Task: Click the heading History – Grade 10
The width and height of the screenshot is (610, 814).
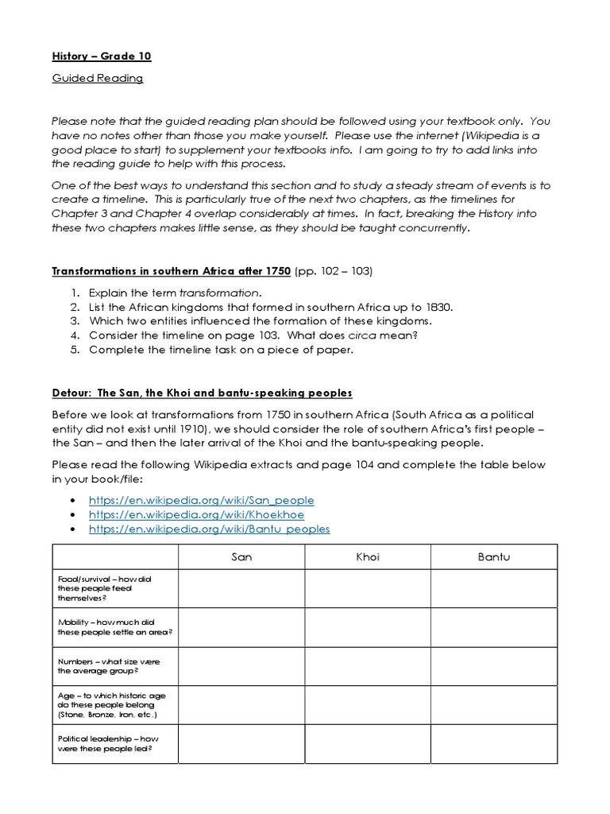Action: [x=101, y=56]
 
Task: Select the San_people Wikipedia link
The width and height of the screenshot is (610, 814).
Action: [x=201, y=500]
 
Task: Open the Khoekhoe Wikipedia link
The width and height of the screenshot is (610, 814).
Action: [x=196, y=514]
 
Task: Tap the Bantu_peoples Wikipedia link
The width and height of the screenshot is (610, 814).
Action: [x=209, y=529]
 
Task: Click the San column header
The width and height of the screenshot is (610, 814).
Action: [x=241, y=556]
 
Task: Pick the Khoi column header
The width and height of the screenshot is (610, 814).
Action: [x=368, y=556]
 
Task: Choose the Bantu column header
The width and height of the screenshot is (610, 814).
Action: [x=493, y=556]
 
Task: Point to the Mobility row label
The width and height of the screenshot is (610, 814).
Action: [x=115, y=626]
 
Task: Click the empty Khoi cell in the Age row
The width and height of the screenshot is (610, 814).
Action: [x=368, y=704]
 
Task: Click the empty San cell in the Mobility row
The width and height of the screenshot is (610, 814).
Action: [x=241, y=626]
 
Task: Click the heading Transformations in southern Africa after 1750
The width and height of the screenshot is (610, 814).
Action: [x=172, y=271]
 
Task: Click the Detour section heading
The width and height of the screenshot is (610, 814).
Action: [x=202, y=393]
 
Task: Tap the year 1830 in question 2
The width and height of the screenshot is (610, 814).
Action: [x=439, y=307]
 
